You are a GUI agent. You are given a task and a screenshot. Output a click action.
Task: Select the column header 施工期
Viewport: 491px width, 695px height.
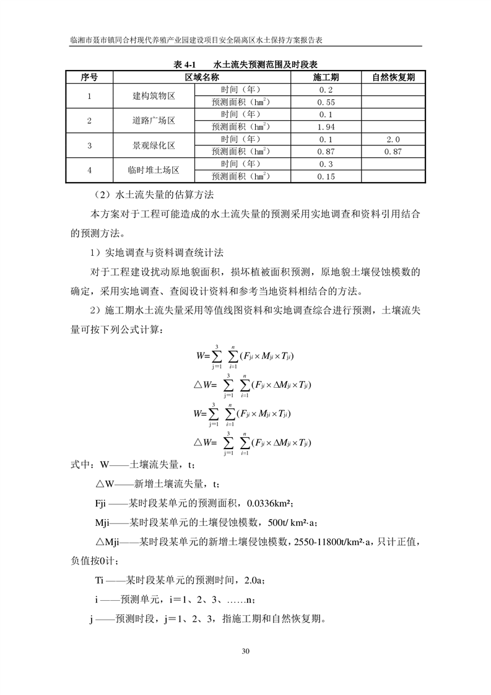[x=326, y=77]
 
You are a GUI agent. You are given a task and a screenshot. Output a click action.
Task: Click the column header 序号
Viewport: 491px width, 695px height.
[x=89, y=77]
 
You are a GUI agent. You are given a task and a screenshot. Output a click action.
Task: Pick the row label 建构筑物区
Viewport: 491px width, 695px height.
[x=154, y=96]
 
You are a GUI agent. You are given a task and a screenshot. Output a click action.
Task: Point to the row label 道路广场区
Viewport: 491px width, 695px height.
[x=154, y=121]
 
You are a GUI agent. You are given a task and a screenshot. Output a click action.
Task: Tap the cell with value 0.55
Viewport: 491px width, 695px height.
[x=326, y=102]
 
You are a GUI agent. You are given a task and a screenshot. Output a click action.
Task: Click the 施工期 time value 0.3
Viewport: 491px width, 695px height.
[x=326, y=164]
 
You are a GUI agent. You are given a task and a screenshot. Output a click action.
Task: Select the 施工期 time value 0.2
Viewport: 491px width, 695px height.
[x=326, y=90]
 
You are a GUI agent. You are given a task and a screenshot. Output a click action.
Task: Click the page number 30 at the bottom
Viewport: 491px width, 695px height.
[x=246, y=651]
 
